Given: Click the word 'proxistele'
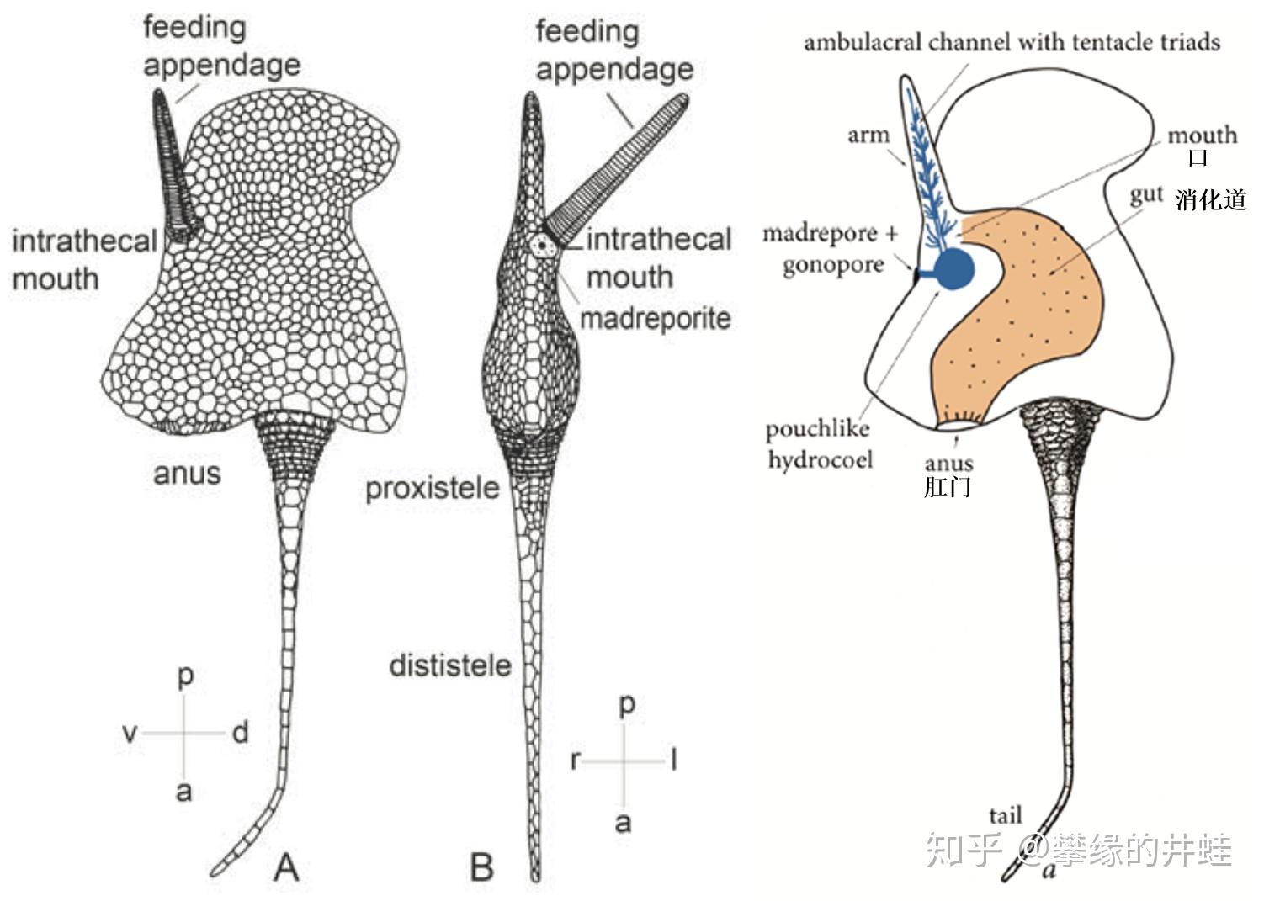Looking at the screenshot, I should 432,489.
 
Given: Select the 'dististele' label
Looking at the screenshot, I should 449,666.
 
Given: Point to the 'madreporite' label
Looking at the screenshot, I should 655,319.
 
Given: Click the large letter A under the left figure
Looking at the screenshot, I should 286,867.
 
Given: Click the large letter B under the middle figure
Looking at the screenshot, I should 481,867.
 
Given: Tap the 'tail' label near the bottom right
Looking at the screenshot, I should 1005,814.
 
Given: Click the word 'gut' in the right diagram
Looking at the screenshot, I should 1146,195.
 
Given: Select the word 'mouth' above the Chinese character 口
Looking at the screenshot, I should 1202,135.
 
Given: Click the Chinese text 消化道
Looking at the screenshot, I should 1210,199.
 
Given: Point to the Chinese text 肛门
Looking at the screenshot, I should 948,487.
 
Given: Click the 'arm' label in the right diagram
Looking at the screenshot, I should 868,135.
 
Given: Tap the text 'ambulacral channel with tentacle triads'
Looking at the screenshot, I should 1012,42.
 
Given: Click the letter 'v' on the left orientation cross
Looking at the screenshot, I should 130,733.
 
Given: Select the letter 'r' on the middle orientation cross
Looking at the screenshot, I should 575,761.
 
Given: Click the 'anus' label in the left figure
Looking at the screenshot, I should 187,473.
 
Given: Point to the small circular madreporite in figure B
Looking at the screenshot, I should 542,245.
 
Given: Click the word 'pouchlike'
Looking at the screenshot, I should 817,429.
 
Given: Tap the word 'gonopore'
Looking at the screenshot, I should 832,265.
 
